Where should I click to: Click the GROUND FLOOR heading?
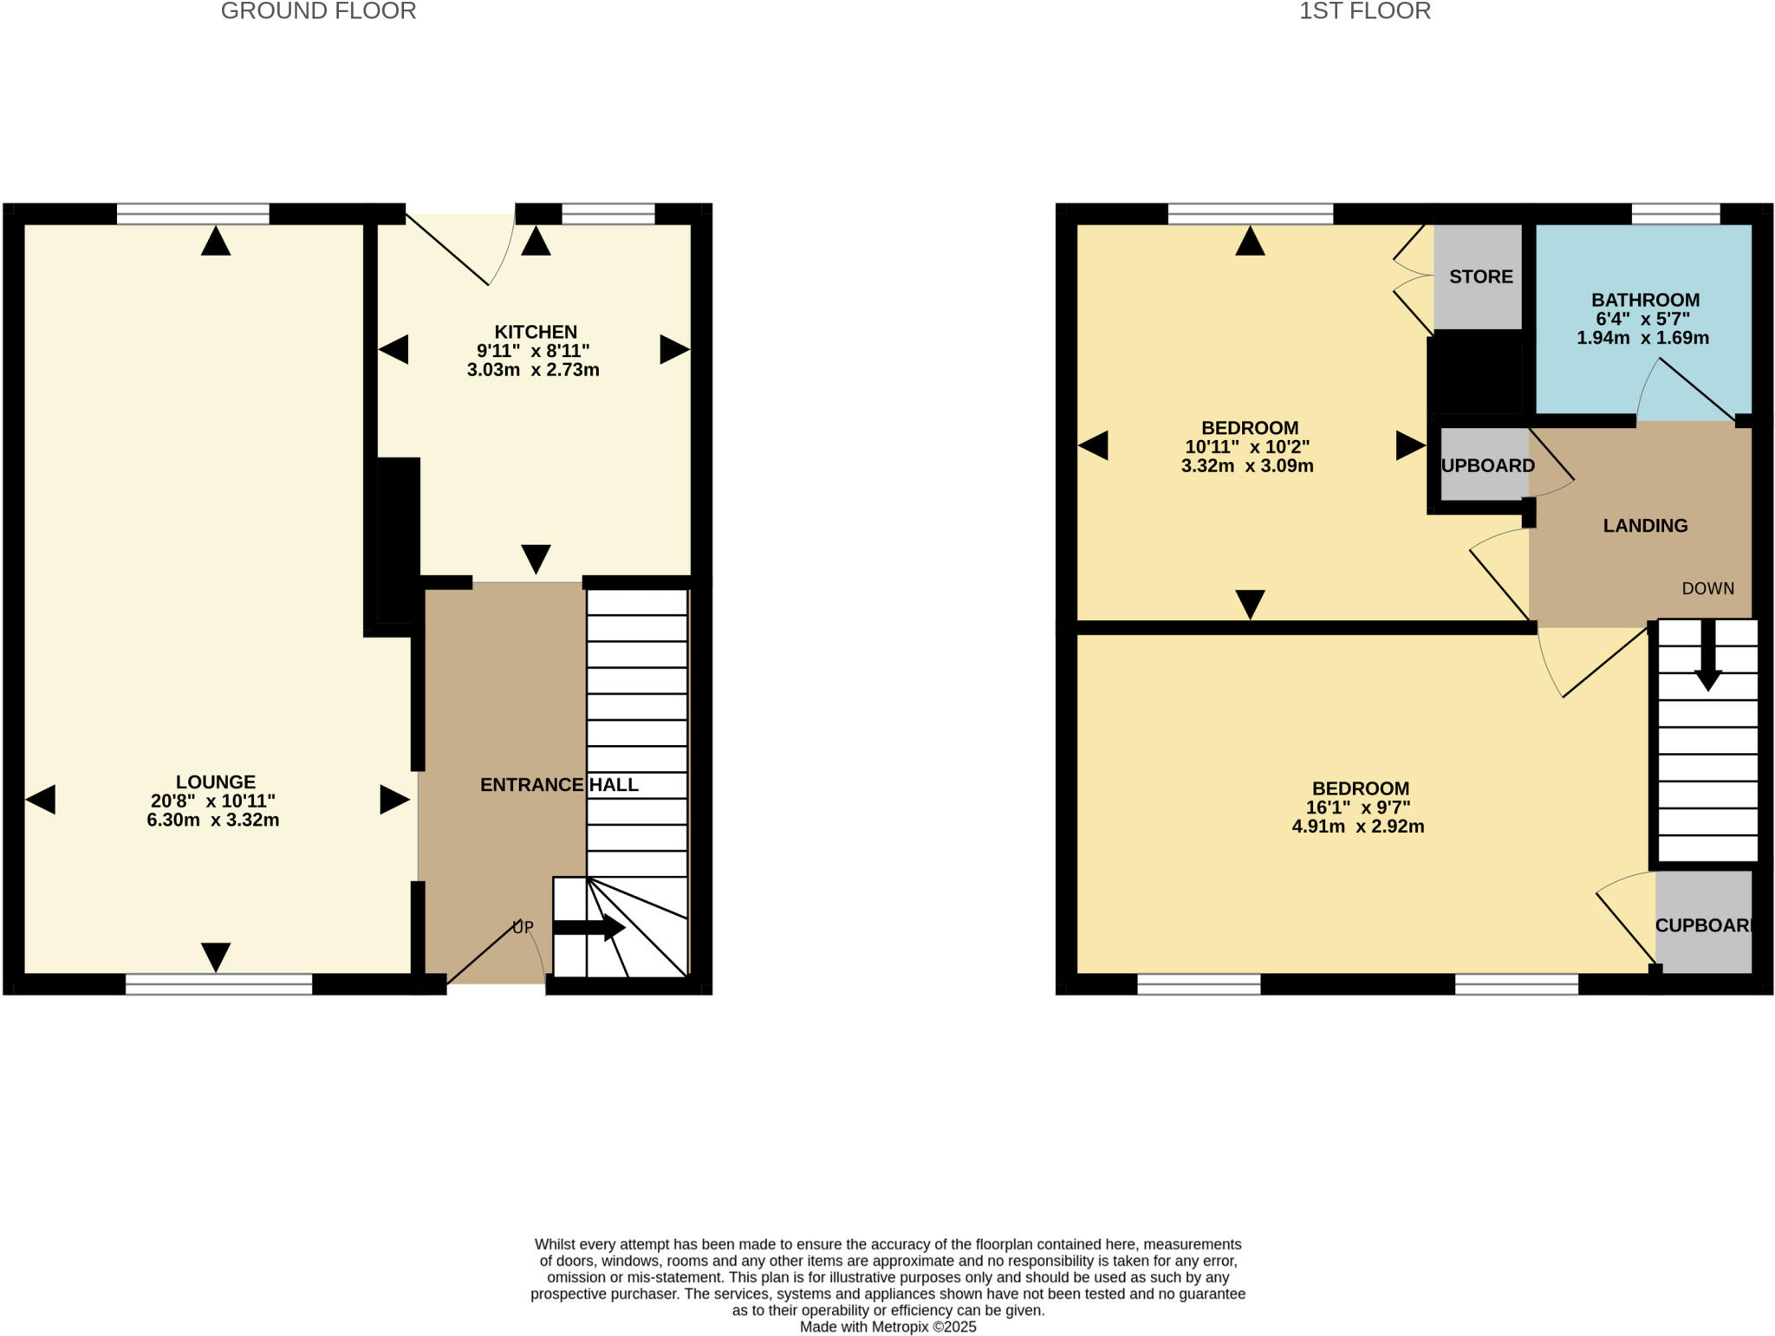(x=318, y=11)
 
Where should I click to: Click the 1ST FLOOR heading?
(x=1364, y=11)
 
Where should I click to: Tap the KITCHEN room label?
(x=535, y=332)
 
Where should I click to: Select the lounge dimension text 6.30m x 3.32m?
(x=212, y=820)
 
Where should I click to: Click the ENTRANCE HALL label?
(x=559, y=785)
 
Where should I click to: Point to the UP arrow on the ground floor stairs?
(x=589, y=927)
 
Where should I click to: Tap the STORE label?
(x=1480, y=276)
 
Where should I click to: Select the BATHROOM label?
(x=1644, y=300)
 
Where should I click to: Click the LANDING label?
(x=1644, y=526)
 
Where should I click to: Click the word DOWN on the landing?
(x=1707, y=589)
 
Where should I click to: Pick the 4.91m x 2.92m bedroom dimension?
(x=1357, y=827)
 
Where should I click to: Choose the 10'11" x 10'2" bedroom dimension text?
(x=1246, y=447)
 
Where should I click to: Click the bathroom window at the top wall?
(x=1674, y=213)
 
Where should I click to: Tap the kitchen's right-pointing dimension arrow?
(x=674, y=350)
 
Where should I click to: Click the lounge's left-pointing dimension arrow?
(x=41, y=799)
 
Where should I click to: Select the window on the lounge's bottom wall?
(x=218, y=983)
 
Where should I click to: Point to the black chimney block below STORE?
(x=1475, y=373)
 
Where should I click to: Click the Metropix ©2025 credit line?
(x=887, y=1326)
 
